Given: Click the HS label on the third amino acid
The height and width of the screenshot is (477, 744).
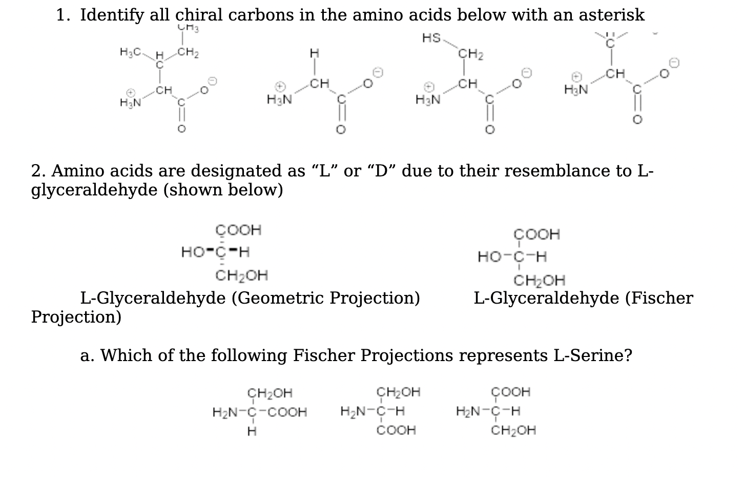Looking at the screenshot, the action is click(431, 37).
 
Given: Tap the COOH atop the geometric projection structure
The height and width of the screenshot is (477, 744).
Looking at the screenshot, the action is click(238, 230).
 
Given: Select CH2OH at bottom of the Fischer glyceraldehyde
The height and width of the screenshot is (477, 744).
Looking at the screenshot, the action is click(540, 281).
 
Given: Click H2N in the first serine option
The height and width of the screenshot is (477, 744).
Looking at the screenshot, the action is click(223, 412).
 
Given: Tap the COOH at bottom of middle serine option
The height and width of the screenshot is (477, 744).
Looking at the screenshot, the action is click(396, 430).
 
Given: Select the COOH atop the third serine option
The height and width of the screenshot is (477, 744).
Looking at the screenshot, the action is click(511, 392).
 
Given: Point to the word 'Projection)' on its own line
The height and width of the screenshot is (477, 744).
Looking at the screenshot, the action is click(76, 317).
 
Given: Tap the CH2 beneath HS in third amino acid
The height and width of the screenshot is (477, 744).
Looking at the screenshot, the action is click(470, 53).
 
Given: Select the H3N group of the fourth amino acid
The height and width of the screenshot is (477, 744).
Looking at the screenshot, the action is click(575, 90).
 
